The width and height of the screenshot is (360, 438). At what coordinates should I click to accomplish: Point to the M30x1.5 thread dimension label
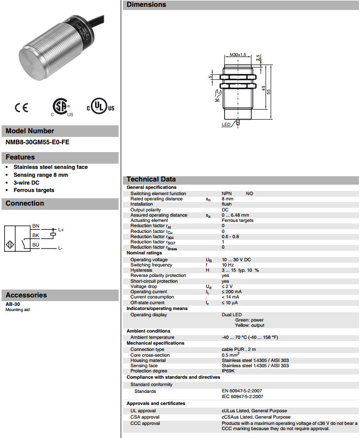pyautogui.click(x=238, y=55)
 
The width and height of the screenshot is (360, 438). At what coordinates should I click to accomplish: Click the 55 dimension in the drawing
pyautogui.click(x=269, y=92)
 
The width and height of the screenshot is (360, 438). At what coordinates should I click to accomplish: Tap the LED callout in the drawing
pyautogui.click(x=226, y=124)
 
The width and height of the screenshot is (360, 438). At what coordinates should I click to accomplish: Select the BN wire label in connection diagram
pyautogui.click(x=36, y=226)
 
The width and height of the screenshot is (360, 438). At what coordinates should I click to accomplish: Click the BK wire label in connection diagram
pyautogui.click(x=36, y=235)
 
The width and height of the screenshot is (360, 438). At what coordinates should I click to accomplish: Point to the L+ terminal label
pyautogui.click(x=61, y=230)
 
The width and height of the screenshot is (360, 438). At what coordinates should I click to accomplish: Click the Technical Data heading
pyautogui.click(x=151, y=179)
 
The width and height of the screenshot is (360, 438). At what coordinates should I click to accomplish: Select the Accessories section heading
pyautogui.click(x=26, y=295)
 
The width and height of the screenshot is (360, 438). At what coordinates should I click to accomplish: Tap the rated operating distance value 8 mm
pyautogui.click(x=228, y=199)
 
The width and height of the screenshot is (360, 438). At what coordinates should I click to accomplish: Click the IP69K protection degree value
pyautogui.click(x=228, y=371)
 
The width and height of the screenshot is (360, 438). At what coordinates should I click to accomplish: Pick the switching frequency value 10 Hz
pyautogui.click(x=227, y=265)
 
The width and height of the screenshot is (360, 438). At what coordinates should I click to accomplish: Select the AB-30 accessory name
pyautogui.click(x=13, y=304)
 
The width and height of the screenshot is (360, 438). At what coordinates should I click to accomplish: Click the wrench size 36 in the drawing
pyautogui.click(x=217, y=100)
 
